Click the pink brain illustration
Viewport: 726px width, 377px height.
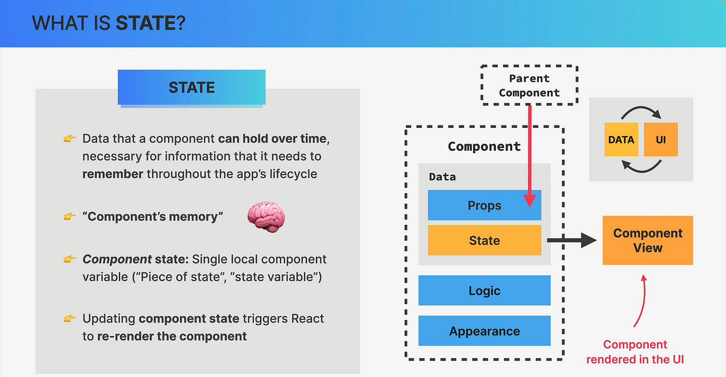point(266,217)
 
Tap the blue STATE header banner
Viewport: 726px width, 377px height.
point(191,87)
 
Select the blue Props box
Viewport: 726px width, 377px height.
point(484,205)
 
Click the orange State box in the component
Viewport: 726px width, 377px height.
point(484,240)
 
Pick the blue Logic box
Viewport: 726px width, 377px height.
point(484,291)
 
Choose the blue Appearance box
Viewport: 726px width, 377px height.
point(484,331)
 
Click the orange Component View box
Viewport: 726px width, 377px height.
point(648,240)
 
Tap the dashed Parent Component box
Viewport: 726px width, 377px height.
point(529,85)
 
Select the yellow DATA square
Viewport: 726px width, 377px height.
point(621,139)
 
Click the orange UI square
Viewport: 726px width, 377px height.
point(661,139)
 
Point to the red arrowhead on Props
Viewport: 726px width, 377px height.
point(529,200)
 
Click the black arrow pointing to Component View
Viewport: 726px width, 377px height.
point(571,240)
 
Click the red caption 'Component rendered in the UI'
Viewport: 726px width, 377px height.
point(635,352)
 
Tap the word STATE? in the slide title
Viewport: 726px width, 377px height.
point(150,23)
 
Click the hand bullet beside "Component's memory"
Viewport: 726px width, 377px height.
point(69,216)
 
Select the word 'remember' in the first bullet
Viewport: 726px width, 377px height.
point(113,174)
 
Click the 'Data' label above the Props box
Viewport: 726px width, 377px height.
point(442,177)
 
